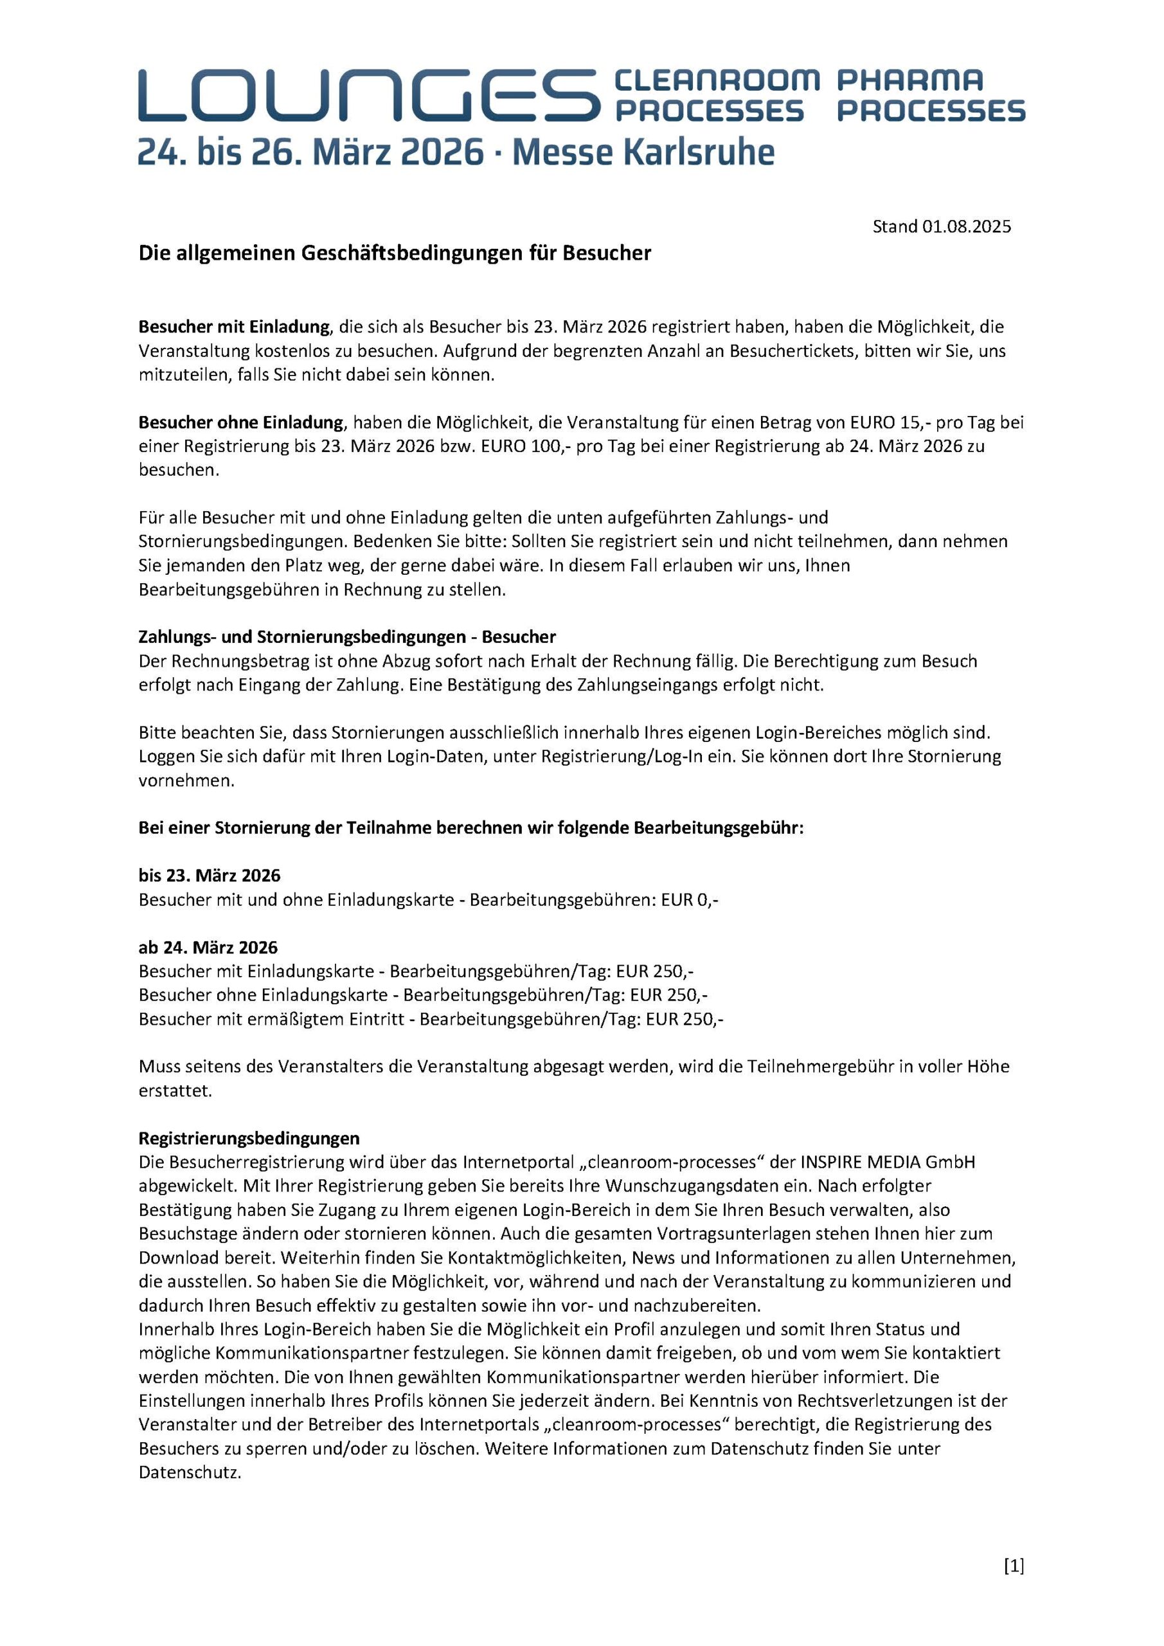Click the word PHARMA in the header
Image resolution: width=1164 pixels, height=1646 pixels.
(910, 80)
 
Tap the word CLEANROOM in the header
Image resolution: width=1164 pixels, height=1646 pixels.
(717, 80)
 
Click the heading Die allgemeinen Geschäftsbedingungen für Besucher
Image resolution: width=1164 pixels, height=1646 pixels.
(394, 253)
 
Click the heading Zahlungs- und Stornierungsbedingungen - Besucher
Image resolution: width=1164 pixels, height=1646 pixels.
(347, 637)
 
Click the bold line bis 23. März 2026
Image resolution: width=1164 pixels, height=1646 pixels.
(210, 875)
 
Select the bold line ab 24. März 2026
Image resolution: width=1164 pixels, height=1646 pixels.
(208, 948)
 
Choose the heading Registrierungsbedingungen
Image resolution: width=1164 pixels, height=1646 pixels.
(249, 1139)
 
